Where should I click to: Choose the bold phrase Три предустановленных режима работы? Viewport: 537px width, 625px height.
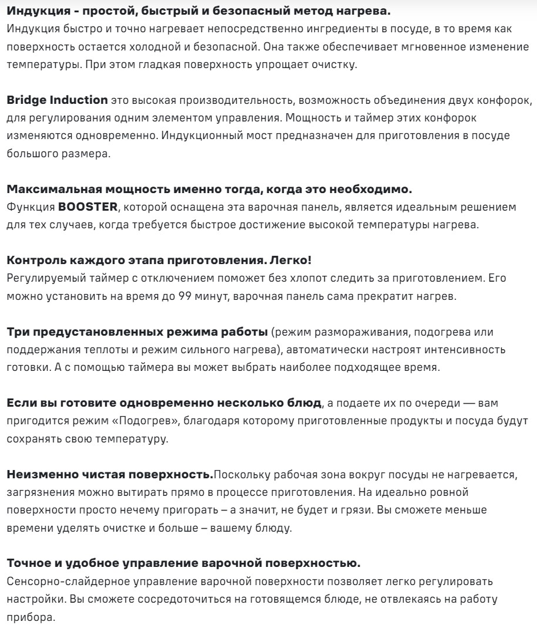pyautogui.click(x=136, y=332)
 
